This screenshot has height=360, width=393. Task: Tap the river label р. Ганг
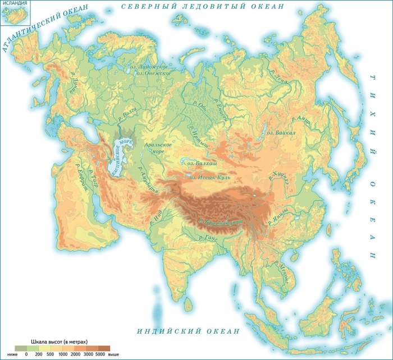pos(208,238)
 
